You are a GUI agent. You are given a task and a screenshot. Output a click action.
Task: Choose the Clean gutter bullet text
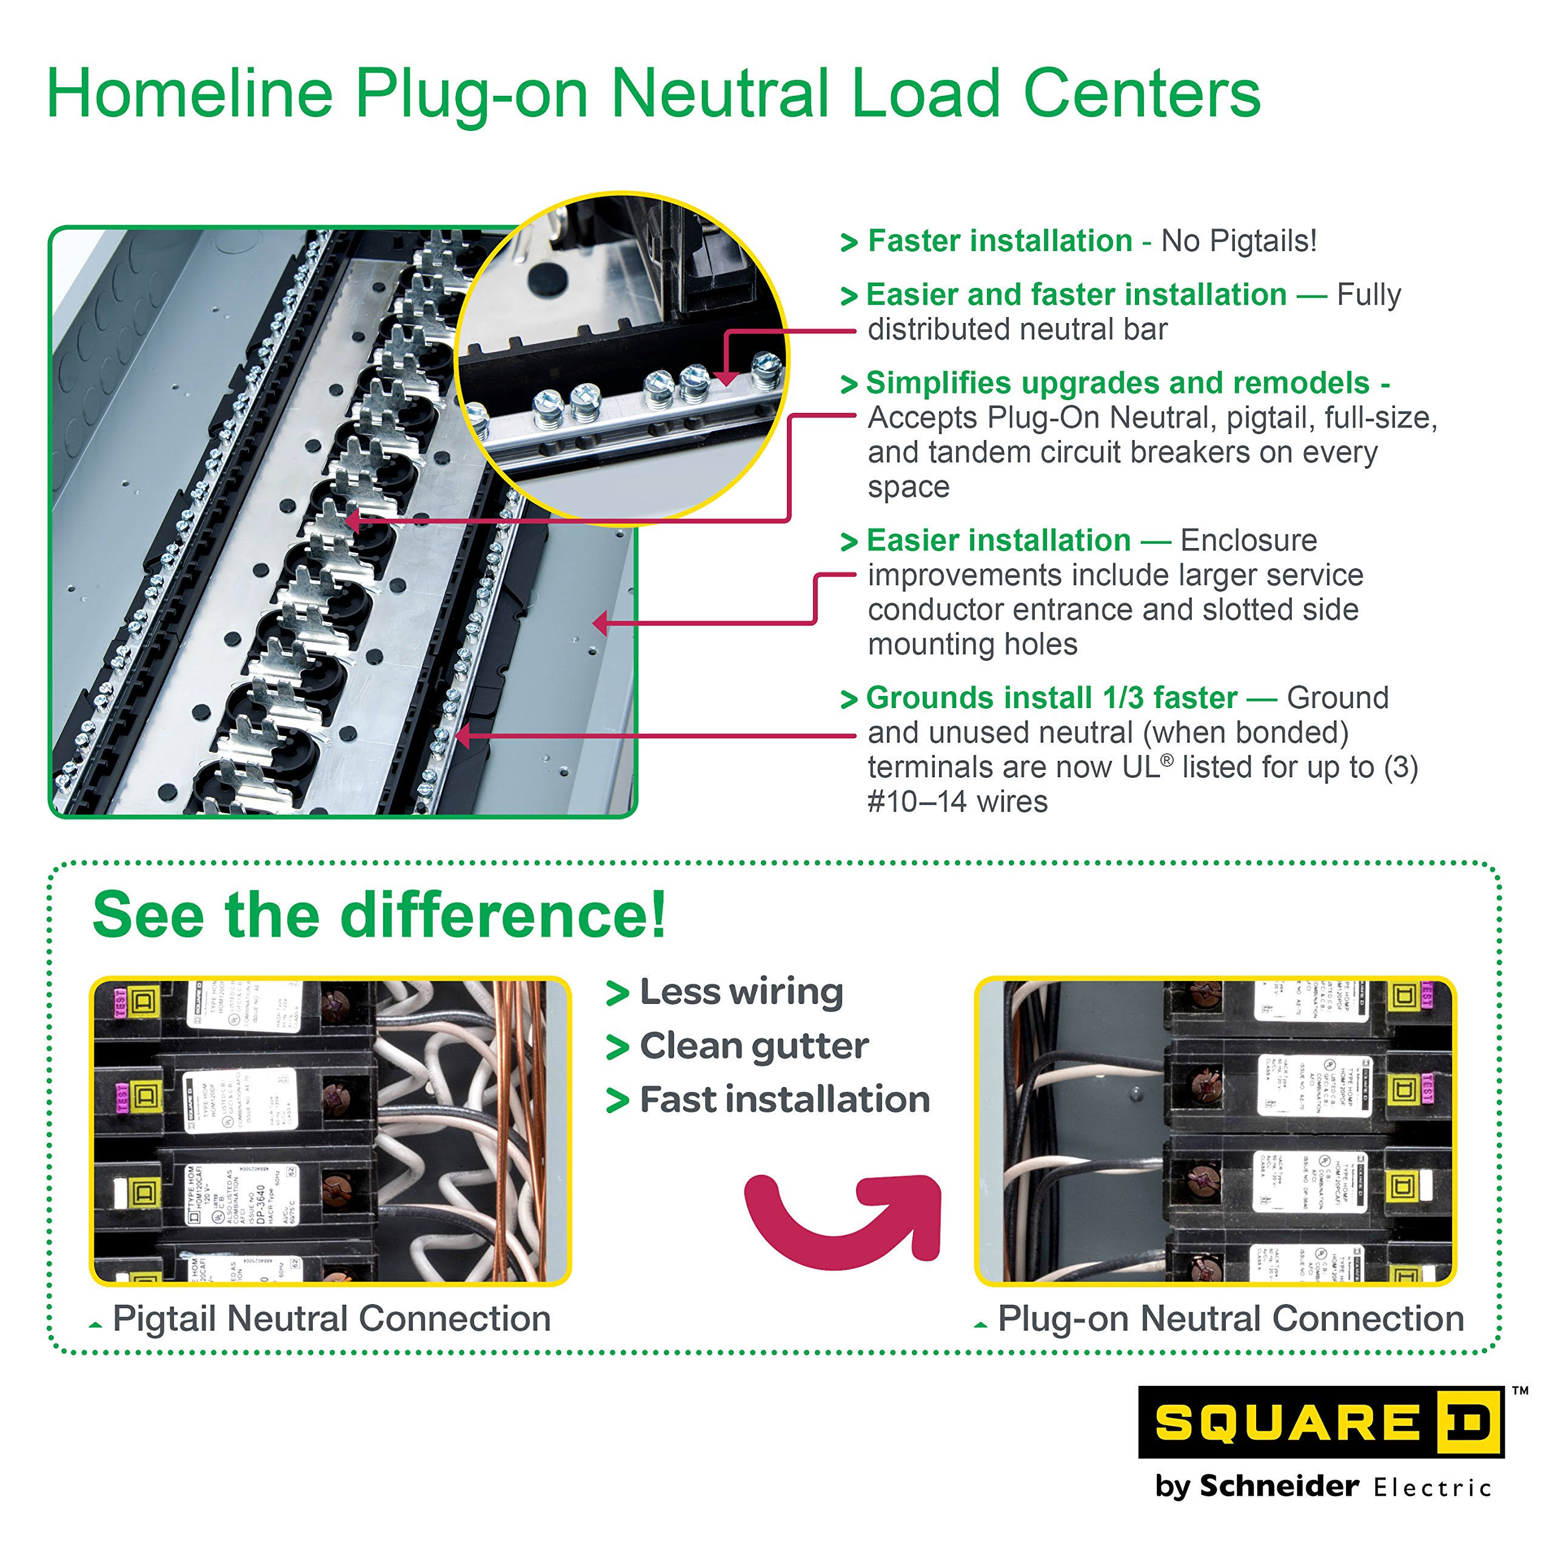click(754, 1046)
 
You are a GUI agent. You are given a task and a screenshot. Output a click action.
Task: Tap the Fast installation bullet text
click(784, 1100)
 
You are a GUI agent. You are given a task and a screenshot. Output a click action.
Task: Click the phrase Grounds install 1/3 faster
click(1051, 698)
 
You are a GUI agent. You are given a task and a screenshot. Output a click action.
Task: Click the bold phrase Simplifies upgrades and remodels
click(1117, 383)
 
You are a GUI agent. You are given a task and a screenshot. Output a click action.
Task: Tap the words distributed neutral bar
click(1017, 329)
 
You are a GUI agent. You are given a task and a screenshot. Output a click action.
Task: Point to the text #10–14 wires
click(957, 801)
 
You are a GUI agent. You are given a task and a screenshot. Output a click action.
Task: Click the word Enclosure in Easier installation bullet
click(1248, 541)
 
